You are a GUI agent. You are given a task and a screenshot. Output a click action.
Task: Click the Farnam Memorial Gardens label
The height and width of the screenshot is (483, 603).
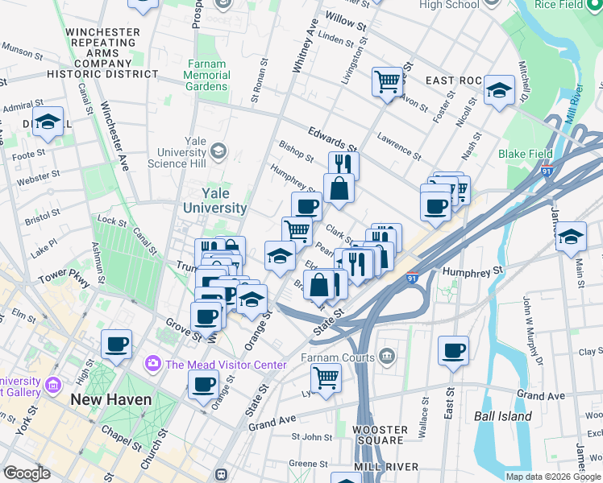207,75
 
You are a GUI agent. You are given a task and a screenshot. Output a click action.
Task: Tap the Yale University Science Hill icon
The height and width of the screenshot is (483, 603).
218,151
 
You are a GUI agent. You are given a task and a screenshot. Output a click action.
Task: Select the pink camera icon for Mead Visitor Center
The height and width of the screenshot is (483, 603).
152,365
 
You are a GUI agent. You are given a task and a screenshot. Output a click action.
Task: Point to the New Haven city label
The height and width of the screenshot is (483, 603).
110,399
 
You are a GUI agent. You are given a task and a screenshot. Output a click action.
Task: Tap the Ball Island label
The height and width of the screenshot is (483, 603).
503,416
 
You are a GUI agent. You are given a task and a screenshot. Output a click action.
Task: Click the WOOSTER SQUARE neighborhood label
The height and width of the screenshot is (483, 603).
381,435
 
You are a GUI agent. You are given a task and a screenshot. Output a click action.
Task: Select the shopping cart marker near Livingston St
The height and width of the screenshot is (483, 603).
387,81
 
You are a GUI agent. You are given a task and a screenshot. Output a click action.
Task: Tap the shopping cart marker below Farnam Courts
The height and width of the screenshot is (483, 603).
326,376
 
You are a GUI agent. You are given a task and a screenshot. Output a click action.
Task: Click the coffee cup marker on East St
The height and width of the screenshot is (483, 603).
453,350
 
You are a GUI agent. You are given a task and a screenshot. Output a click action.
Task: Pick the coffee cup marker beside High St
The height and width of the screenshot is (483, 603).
116,345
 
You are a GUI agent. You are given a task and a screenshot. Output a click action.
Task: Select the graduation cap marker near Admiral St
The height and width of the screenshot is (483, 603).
48,122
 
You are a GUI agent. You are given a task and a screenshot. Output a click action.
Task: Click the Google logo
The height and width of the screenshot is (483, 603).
27,473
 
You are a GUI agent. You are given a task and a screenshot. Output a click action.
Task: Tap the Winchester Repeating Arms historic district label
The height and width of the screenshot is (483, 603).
102,53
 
